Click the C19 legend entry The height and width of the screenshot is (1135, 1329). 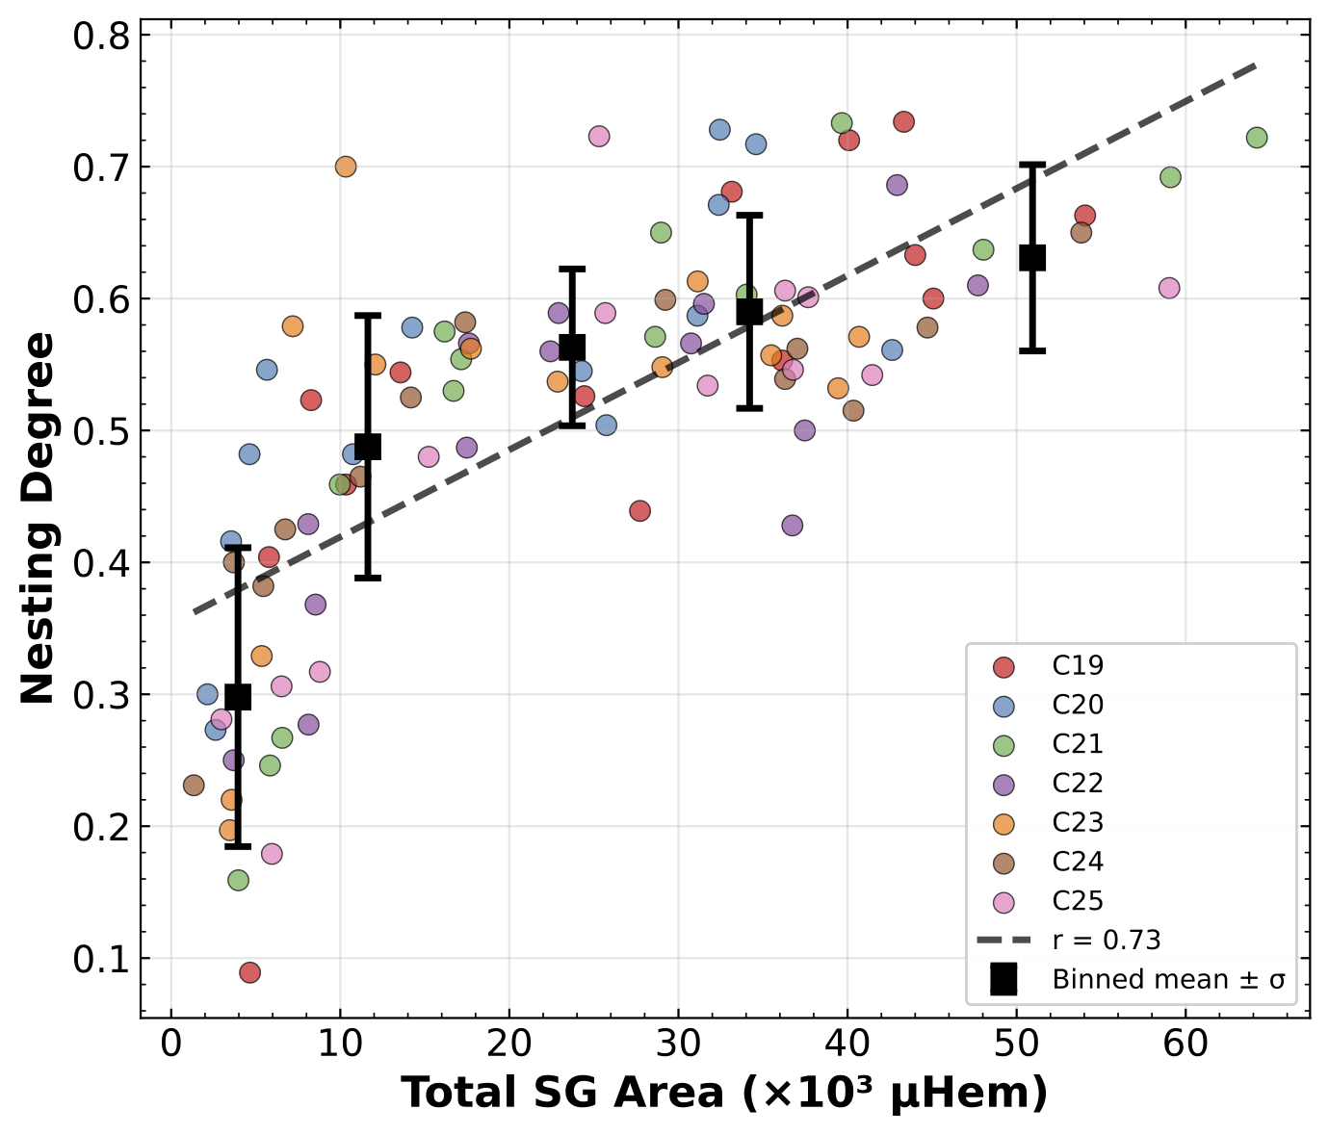(x=1077, y=666)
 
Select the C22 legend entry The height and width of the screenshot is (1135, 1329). (x=1077, y=784)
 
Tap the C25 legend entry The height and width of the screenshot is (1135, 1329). (x=1077, y=901)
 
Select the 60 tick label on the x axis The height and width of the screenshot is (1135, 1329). (x=1186, y=1043)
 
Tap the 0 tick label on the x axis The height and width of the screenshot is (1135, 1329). (x=171, y=1043)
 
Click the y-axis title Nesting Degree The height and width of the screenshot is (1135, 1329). (x=39, y=518)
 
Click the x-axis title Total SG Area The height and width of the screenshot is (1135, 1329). (x=724, y=1094)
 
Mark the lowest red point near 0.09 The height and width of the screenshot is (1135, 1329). (x=249, y=972)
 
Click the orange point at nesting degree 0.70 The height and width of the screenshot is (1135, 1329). (x=346, y=167)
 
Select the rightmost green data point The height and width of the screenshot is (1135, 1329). (x=1256, y=138)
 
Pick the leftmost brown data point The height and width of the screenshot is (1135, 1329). (x=194, y=786)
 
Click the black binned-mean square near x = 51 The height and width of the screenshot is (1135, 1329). (x=1032, y=258)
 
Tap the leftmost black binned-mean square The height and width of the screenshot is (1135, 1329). (x=238, y=697)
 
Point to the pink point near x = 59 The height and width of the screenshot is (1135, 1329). (x=1169, y=288)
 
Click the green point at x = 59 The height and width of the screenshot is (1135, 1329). (x=1170, y=177)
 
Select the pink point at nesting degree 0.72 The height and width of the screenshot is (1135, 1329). (x=599, y=137)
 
